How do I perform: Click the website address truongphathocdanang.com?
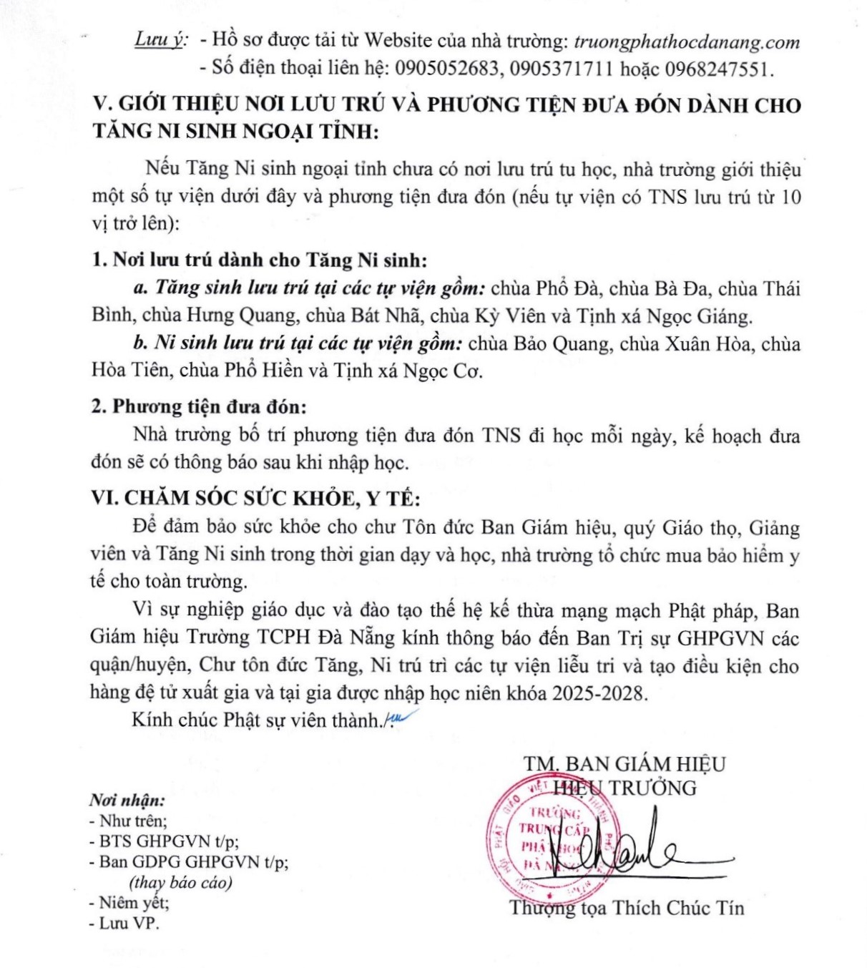[687, 41]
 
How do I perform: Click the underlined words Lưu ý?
[158, 41]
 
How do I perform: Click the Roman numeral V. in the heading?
[102, 104]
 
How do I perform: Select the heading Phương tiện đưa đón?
[209, 406]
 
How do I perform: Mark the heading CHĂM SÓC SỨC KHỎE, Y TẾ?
[272, 498]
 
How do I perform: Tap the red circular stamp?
[547, 837]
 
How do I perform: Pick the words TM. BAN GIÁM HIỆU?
[624, 763]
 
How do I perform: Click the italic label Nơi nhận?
[127, 800]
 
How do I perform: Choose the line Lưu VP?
[124, 923]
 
